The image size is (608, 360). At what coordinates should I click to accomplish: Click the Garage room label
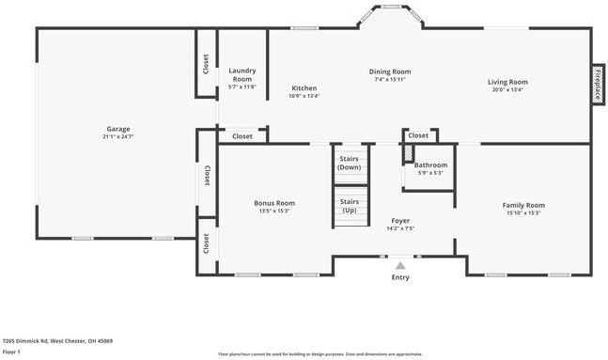(x=117, y=129)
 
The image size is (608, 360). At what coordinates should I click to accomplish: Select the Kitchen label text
(x=304, y=88)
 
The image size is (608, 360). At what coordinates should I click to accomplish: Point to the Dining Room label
(x=389, y=71)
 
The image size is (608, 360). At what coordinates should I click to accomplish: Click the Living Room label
(x=507, y=82)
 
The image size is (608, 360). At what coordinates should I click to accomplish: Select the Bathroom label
(x=430, y=164)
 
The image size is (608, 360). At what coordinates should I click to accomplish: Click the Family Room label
(x=523, y=205)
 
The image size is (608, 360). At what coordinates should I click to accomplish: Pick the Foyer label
(x=400, y=221)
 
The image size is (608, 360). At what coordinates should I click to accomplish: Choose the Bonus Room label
(x=274, y=203)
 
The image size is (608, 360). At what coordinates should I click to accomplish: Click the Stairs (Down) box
(x=350, y=163)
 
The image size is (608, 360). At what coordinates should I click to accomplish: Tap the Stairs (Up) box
(x=350, y=206)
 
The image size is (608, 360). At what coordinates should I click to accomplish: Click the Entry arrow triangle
(x=400, y=266)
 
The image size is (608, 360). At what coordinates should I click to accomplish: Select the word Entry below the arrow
(x=400, y=277)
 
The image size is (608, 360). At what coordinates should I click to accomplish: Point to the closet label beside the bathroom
(x=419, y=135)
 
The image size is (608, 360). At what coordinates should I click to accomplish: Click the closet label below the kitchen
(x=242, y=136)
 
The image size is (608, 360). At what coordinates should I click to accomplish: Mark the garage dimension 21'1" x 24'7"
(x=117, y=137)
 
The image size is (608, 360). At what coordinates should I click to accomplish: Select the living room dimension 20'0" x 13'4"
(x=507, y=90)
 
